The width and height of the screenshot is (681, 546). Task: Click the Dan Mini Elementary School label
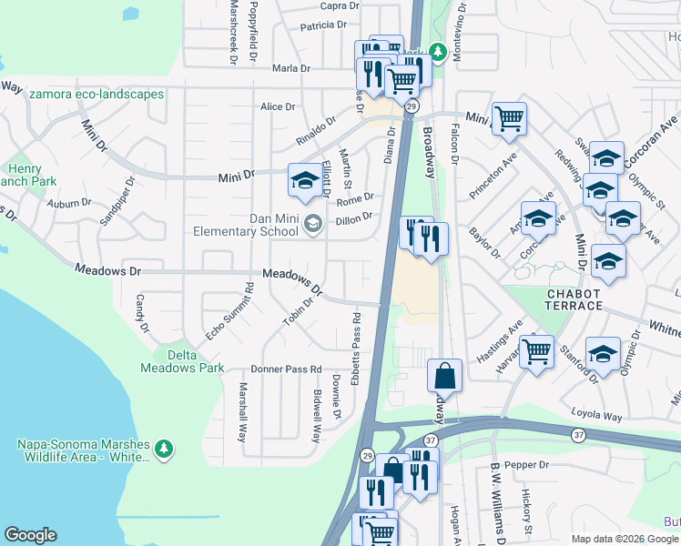[x=246, y=224]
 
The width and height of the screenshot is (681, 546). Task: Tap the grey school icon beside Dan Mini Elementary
[x=313, y=223]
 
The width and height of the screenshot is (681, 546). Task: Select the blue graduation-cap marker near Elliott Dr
[x=303, y=179]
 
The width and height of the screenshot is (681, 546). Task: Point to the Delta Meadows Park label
[x=182, y=361]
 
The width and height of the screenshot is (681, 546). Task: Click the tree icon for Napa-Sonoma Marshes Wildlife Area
[x=164, y=449]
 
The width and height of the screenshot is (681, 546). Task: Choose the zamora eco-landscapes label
[x=96, y=94]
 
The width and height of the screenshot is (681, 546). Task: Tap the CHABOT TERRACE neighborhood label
[x=586, y=299]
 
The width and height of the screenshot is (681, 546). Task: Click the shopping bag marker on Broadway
[x=444, y=375]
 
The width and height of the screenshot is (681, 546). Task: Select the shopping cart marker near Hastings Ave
[x=536, y=350]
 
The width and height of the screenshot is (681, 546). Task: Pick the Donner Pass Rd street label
[x=286, y=369]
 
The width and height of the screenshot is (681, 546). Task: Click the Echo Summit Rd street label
[x=229, y=312]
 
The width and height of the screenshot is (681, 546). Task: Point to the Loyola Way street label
[x=599, y=417]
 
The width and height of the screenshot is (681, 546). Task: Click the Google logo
[x=30, y=535]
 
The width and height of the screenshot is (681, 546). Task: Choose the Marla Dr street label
[x=291, y=68]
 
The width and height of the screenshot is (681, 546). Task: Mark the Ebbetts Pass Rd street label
[x=357, y=349]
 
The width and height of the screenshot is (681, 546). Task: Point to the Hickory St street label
[x=526, y=514]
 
